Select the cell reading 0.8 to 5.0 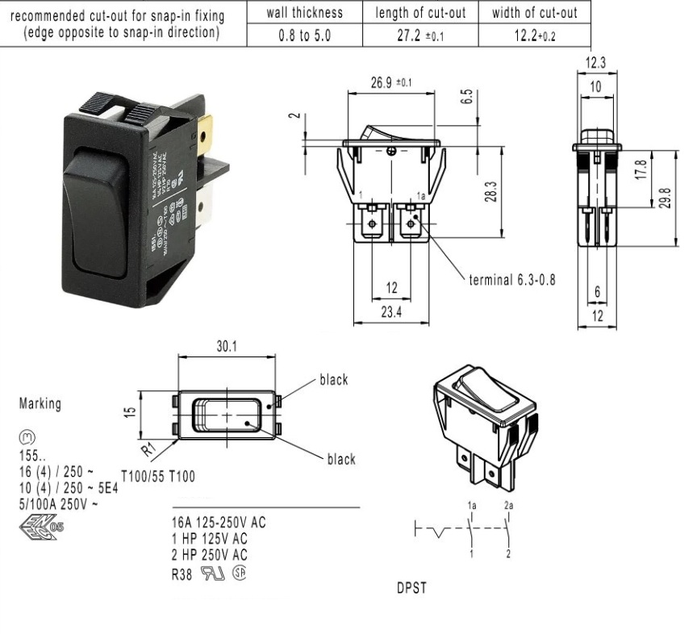tap(304, 37)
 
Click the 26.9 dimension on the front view tap(385, 82)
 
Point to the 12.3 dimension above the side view tap(597, 63)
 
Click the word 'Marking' tap(39, 404)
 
